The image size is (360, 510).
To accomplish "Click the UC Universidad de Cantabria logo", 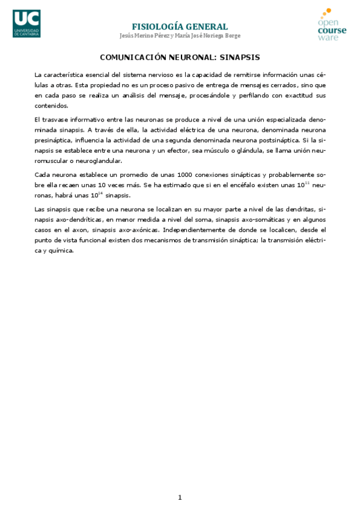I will [x=27, y=23].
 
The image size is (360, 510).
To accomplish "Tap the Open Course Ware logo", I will [x=332, y=25].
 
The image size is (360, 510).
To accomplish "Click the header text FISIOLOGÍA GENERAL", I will [x=180, y=26].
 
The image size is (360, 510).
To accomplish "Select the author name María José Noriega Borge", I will [x=207, y=35].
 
